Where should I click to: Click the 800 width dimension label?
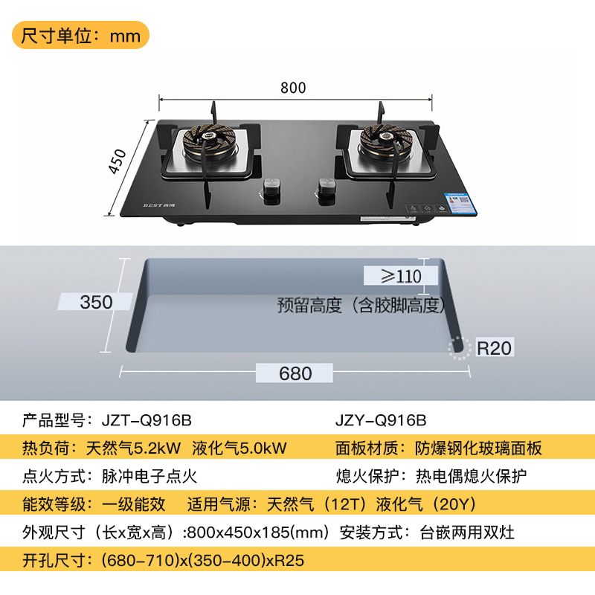click(293, 88)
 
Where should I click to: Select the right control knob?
click(324, 188)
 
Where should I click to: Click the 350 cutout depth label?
click(97, 302)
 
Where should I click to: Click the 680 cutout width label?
click(295, 373)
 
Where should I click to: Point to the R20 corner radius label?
click(495, 347)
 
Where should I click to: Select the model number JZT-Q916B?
click(146, 419)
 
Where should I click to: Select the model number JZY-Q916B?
click(381, 419)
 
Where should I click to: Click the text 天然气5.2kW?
click(133, 448)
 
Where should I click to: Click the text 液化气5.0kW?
click(239, 448)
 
